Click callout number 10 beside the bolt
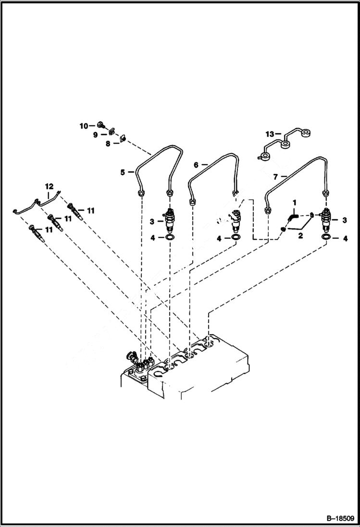tap(83, 126)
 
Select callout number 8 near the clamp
tap(108, 143)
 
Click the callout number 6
tap(196, 165)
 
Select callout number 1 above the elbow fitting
tap(295, 204)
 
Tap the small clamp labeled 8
tap(122, 138)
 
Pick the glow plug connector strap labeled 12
tap(38, 203)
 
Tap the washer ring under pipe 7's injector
tap(326, 238)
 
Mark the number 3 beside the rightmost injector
tap(344, 220)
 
